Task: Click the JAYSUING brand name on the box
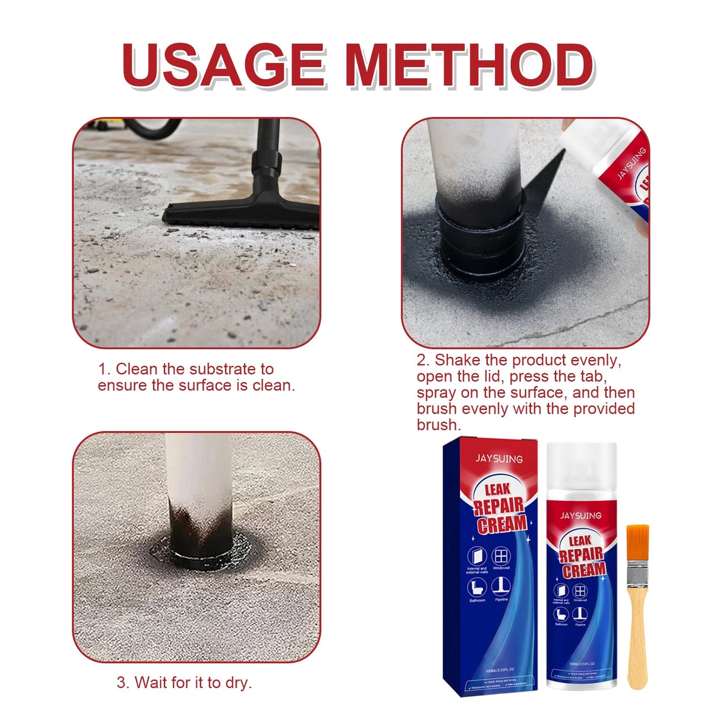[499, 458]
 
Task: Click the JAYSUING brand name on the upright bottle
[580, 515]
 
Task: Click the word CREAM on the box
[502, 524]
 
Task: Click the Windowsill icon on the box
[501, 557]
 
